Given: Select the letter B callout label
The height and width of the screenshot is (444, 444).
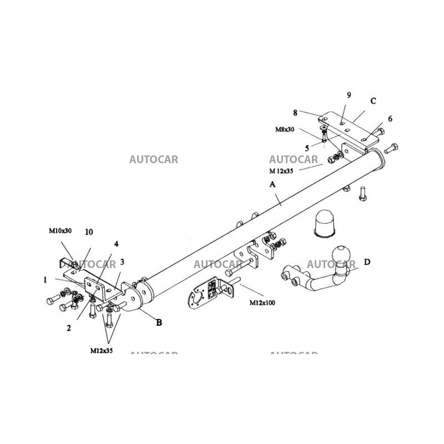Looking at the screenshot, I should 159,322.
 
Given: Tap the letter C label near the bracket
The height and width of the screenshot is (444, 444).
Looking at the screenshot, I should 373,101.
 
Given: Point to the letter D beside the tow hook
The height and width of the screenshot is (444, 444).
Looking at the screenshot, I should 367,262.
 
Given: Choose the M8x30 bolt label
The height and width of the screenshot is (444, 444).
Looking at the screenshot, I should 285,129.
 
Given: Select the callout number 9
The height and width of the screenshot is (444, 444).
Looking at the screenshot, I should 349,95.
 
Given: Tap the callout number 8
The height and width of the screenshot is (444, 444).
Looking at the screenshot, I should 295,112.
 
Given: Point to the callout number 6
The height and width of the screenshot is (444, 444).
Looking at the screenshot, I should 390,119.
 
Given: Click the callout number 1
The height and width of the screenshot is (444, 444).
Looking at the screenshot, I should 45,280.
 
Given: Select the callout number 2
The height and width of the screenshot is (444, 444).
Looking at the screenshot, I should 69,328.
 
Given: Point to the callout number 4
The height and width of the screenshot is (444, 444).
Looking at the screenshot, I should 117,244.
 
